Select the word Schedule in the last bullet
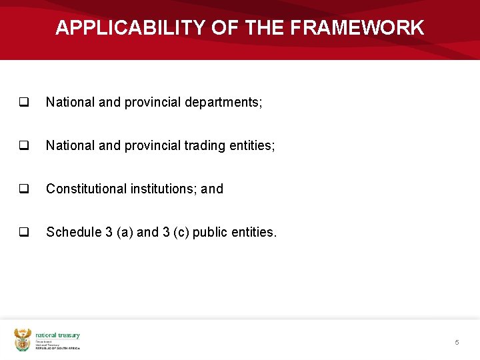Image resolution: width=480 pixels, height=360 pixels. [x=73, y=232]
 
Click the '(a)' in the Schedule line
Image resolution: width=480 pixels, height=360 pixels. [x=123, y=232]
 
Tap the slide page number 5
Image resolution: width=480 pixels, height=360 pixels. [x=457, y=342]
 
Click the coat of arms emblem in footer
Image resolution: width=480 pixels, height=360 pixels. [x=23, y=339]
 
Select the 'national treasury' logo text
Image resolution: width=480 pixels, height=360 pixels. [x=57, y=335]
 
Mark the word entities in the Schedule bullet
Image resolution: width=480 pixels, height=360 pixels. [x=257, y=232]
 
